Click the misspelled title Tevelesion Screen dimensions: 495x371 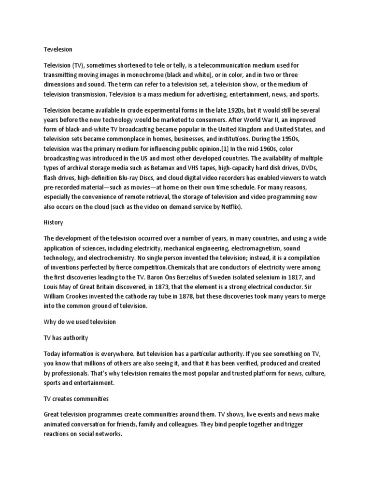57,49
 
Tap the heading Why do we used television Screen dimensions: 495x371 80,321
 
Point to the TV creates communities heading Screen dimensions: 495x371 76,399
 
